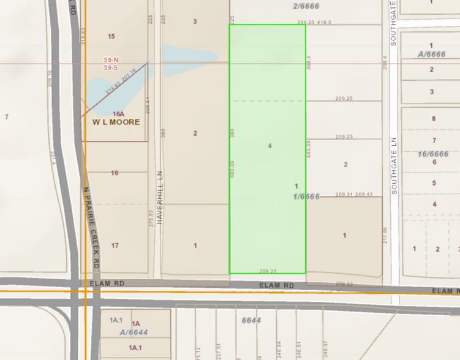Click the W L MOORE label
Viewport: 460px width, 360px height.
click(x=116, y=122)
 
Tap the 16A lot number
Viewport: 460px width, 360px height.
click(x=118, y=114)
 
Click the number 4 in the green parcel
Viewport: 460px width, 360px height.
click(x=270, y=146)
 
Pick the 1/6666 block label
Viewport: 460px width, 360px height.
click(x=307, y=196)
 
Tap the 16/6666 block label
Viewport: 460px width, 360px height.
click(x=432, y=154)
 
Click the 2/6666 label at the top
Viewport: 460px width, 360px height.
click(x=306, y=6)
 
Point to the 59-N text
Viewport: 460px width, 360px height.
click(x=111, y=60)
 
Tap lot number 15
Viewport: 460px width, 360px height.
click(x=111, y=37)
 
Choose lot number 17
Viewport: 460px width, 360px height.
click(x=115, y=246)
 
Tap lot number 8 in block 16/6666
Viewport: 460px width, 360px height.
click(x=434, y=119)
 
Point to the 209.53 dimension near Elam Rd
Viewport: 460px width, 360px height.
click(x=345, y=283)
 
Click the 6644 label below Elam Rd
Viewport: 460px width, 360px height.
click(x=251, y=320)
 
